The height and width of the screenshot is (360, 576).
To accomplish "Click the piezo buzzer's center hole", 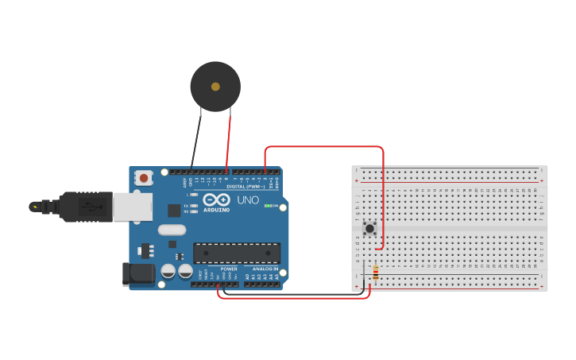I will (215, 86).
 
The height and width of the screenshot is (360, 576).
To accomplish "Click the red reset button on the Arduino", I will (143, 178).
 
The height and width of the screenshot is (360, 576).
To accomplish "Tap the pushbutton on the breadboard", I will (369, 229).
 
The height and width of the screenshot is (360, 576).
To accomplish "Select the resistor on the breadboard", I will (375, 275).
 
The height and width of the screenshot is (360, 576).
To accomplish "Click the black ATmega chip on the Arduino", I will (237, 253).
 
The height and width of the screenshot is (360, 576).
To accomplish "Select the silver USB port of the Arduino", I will (131, 207).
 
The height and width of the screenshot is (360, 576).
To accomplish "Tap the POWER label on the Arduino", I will (229, 269).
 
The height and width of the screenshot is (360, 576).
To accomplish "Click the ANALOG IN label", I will (265, 269).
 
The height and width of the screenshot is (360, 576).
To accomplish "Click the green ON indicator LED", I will (269, 206).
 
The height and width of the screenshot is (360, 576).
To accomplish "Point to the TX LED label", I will (186, 205).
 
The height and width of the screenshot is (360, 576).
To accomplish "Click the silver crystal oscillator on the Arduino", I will (172, 230).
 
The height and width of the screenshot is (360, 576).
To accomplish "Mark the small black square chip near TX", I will (174, 210).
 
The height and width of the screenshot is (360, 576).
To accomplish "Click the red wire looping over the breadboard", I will (326, 147).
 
